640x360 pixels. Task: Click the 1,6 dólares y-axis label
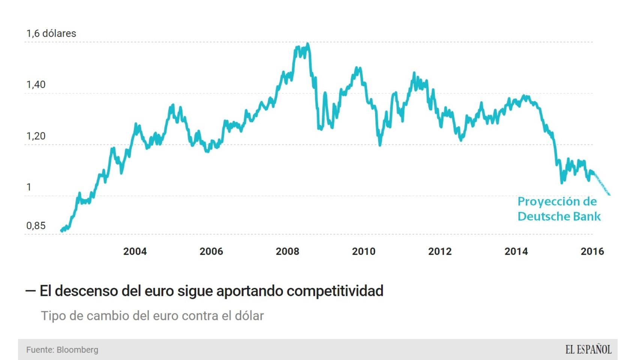[51, 33]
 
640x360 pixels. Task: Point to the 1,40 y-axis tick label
[36, 85]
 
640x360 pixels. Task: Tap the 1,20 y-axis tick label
[36, 136]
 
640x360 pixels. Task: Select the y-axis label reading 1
[29, 187]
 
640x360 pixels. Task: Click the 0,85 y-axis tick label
[36, 226]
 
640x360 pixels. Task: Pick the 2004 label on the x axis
[135, 251]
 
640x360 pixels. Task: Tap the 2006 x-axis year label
[211, 251]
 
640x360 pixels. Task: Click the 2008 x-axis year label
[287, 251]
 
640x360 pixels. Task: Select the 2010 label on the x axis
[364, 251]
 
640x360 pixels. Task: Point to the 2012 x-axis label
[440, 251]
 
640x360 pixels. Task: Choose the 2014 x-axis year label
[516, 251]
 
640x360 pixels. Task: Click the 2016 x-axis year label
[592, 251]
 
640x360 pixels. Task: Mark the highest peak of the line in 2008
[308, 44]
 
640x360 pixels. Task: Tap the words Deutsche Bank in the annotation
[559, 216]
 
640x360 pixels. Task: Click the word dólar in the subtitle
[249, 316]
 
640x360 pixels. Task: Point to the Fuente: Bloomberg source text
[62, 350]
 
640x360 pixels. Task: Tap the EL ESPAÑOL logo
[588, 350]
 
